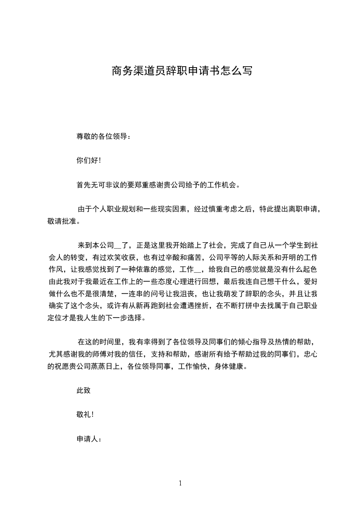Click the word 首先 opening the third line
[84, 185]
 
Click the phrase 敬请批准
[61, 221]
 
